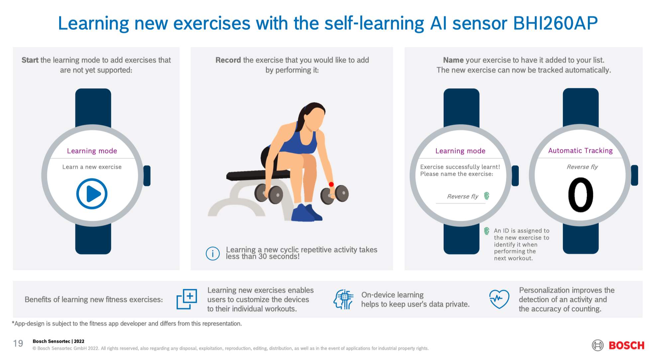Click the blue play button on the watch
[92, 194]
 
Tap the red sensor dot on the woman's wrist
[331, 184]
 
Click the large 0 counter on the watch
[581, 195]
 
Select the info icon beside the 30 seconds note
[213, 253]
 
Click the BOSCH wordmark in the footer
[626, 345]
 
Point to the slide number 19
[18, 343]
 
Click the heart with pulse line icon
[499, 299]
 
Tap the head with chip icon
[343, 299]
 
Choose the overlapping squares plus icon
[186, 299]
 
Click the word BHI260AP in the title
[555, 23]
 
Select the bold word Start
[30, 60]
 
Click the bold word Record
[228, 60]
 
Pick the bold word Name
[453, 60]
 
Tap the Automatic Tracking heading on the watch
[580, 150]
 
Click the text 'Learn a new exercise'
[92, 167]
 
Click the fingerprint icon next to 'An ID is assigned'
[487, 231]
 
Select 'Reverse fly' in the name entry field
[463, 196]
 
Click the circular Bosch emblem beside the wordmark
[598, 345]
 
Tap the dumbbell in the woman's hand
[335, 194]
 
